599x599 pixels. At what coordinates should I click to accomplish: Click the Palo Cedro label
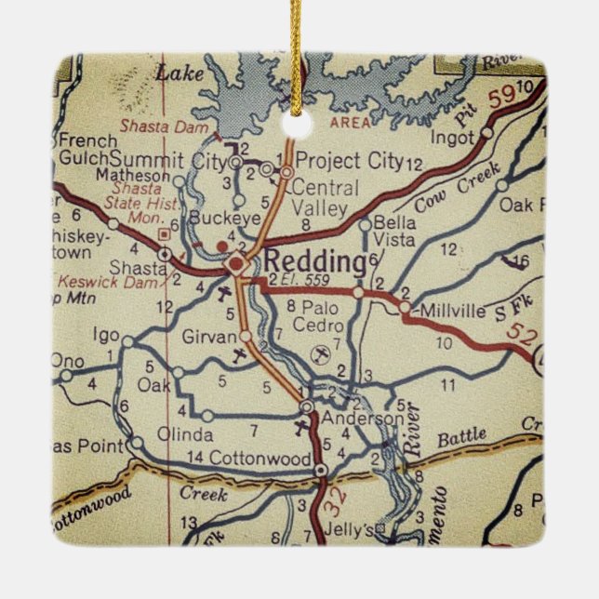[316, 316]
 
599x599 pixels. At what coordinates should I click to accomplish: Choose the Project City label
[350, 161]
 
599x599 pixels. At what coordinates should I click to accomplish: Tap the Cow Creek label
[457, 185]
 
